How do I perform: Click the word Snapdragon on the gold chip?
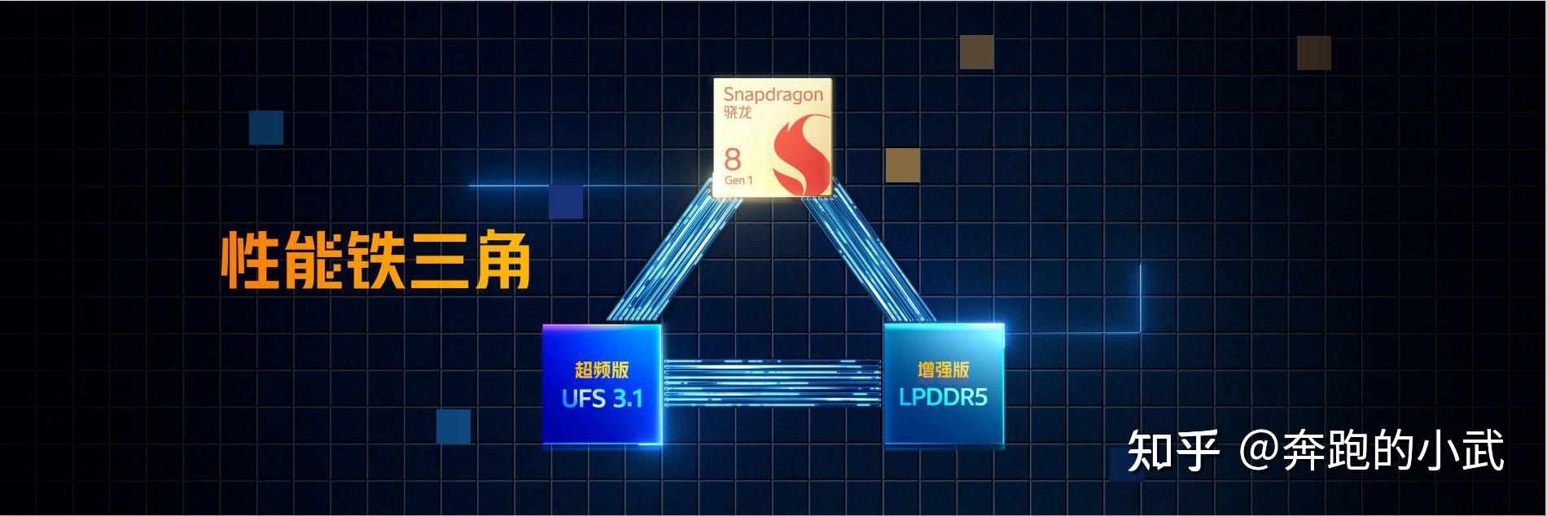(x=773, y=94)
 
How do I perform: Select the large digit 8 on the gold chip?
(x=733, y=159)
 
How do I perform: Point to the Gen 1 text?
(x=738, y=180)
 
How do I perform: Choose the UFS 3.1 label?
(x=602, y=398)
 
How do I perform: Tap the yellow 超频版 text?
(x=602, y=370)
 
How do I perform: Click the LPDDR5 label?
(x=943, y=397)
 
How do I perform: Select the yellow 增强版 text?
(x=943, y=370)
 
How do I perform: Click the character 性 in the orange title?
(x=245, y=260)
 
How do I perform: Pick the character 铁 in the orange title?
(x=375, y=260)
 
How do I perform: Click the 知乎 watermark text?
(x=1173, y=450)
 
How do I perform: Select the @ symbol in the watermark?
(x=1259, y=450)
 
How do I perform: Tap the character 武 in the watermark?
(x=1482, y=450)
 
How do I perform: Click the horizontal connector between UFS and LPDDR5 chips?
(x=772, y=382)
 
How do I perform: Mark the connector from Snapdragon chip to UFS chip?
(x=672, y=260)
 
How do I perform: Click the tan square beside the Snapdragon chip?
(x=902, y=164)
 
